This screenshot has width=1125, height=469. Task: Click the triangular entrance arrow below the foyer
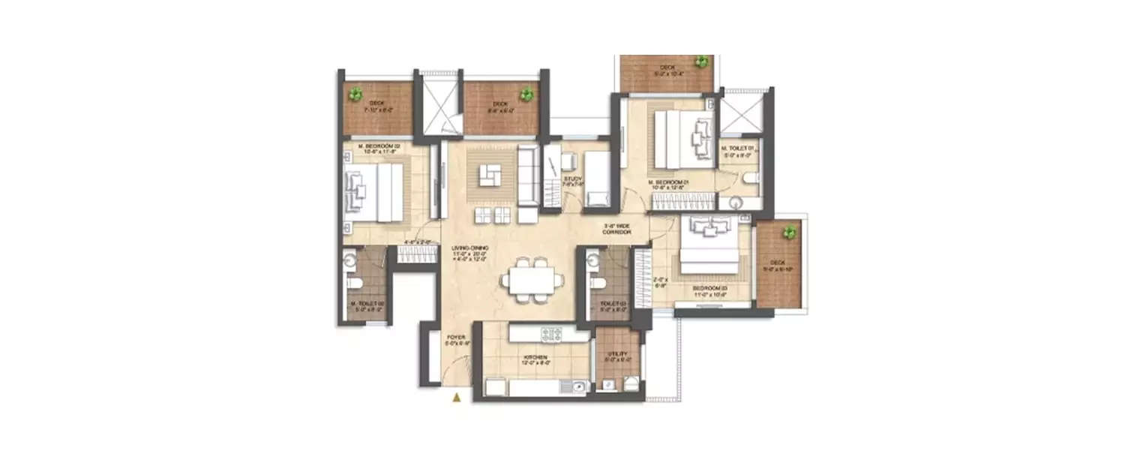point(455,398)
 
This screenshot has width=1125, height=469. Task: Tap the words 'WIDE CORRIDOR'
point(618,230)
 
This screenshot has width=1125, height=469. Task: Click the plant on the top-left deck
point(355,95)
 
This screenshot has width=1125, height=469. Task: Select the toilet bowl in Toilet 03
point(598,284)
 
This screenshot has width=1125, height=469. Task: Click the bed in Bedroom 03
point(709,248)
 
